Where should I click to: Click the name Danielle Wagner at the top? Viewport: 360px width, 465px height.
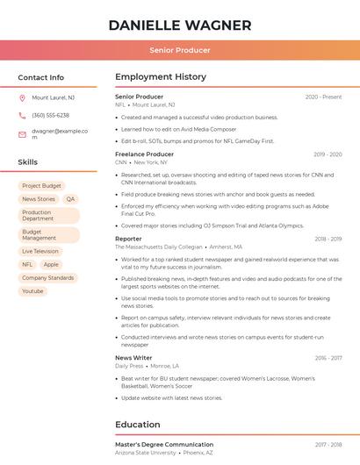click(180, 25)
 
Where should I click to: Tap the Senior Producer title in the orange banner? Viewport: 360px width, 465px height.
click(180, 50)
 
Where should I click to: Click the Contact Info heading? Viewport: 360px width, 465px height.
click(40, 77)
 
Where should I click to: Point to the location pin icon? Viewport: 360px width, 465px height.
click(22, 98)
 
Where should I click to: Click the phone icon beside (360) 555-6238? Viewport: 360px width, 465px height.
click(22, 116)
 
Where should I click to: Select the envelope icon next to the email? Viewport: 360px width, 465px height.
click(22, 134)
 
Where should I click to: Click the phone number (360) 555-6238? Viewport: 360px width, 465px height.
click(50, 116)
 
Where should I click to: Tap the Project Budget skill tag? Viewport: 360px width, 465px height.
click(41, 186)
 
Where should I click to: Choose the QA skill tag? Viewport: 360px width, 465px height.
click(70, 199)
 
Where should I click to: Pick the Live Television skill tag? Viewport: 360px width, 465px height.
click(40, 251)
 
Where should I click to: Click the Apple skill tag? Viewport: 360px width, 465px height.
click(51, 264)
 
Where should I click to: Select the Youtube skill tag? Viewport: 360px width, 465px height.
click(32, 290)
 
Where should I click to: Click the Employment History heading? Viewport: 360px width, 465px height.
click(161, 77)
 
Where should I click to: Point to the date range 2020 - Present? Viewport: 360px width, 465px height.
click(323, 97)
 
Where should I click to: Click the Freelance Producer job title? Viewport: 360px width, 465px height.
click(144, 154)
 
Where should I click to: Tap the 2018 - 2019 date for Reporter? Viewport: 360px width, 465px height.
click(328, 239)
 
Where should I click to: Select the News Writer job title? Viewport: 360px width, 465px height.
click(133, 358)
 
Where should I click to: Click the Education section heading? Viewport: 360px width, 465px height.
click(137, 425)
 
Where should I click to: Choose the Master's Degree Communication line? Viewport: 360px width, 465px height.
click(164, 445)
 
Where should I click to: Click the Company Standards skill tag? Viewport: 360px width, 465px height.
click(48, 277)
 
